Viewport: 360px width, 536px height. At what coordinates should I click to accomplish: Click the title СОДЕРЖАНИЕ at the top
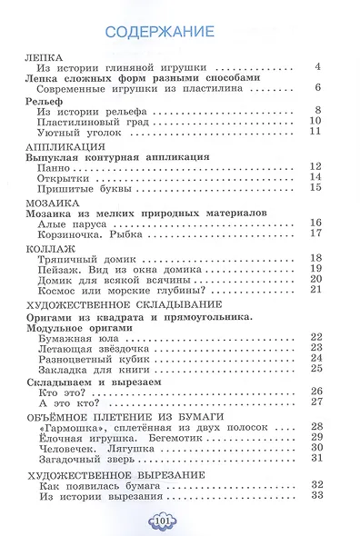(x=159, y=33)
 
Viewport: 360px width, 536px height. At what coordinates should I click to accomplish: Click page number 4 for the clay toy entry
(x=318, y=66)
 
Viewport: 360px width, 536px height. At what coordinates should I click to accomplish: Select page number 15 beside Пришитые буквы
(x=316, y=189)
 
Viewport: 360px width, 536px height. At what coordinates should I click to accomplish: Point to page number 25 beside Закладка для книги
(x=316, y=368)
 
